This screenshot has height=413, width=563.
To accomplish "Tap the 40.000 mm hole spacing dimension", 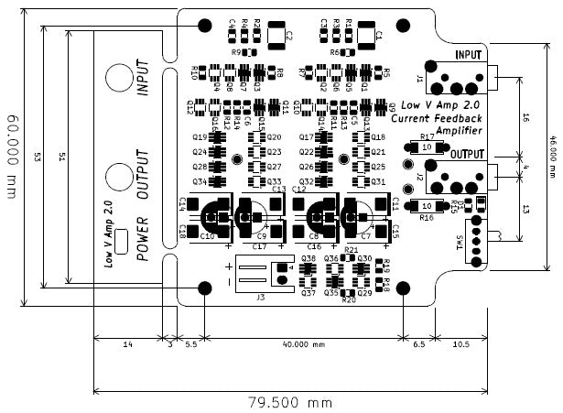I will pos(303,345).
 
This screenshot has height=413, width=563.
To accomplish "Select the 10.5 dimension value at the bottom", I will pos(460,345).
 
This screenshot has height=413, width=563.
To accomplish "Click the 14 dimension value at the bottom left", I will pos(127,345).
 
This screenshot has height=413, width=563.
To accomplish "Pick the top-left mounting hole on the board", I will pos(204,25).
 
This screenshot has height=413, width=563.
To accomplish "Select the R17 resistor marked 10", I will pos(427,147).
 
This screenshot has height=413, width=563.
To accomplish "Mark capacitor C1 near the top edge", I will pos(364,36).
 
